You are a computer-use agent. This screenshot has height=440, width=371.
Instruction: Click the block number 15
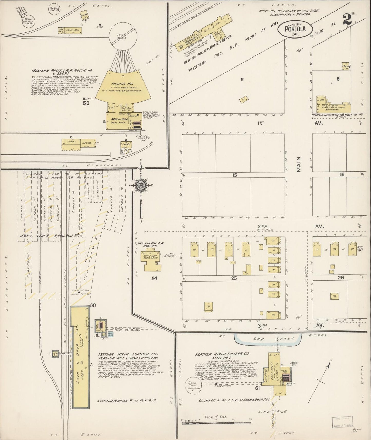point(234,175)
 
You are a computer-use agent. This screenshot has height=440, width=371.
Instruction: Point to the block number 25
point(234,278)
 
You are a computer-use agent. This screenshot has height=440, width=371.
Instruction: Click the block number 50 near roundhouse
point(86,103)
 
